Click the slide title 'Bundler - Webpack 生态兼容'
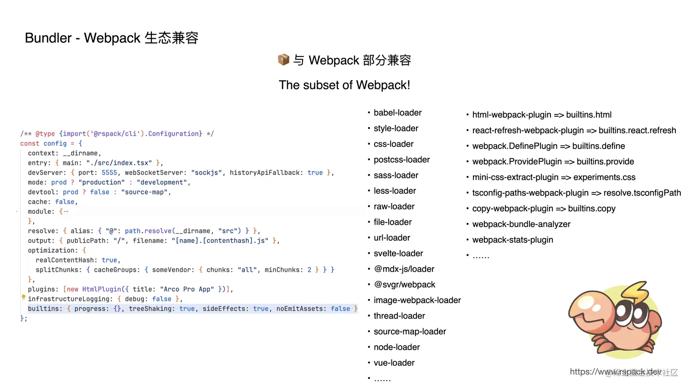pos(111,38)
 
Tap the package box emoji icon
pos(283,60)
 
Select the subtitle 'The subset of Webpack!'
pos(344,85)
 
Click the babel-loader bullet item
pos(397,113)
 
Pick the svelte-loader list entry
pos(398,253)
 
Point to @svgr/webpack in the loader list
pos(404,285)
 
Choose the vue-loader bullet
pos(394,363)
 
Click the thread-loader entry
pos(399,316)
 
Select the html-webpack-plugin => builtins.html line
pos(541,115)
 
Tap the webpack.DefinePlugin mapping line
pos(548,146)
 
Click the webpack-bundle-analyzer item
pos(521,224)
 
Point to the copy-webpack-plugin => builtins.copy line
pos(543,209)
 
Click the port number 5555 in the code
pos(109,173)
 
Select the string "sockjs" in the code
pos(206,173)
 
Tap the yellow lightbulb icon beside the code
pos(24,297)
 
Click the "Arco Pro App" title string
pos(187,290)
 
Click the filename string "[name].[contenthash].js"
pos(220,241)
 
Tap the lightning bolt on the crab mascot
pos(634,292)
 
